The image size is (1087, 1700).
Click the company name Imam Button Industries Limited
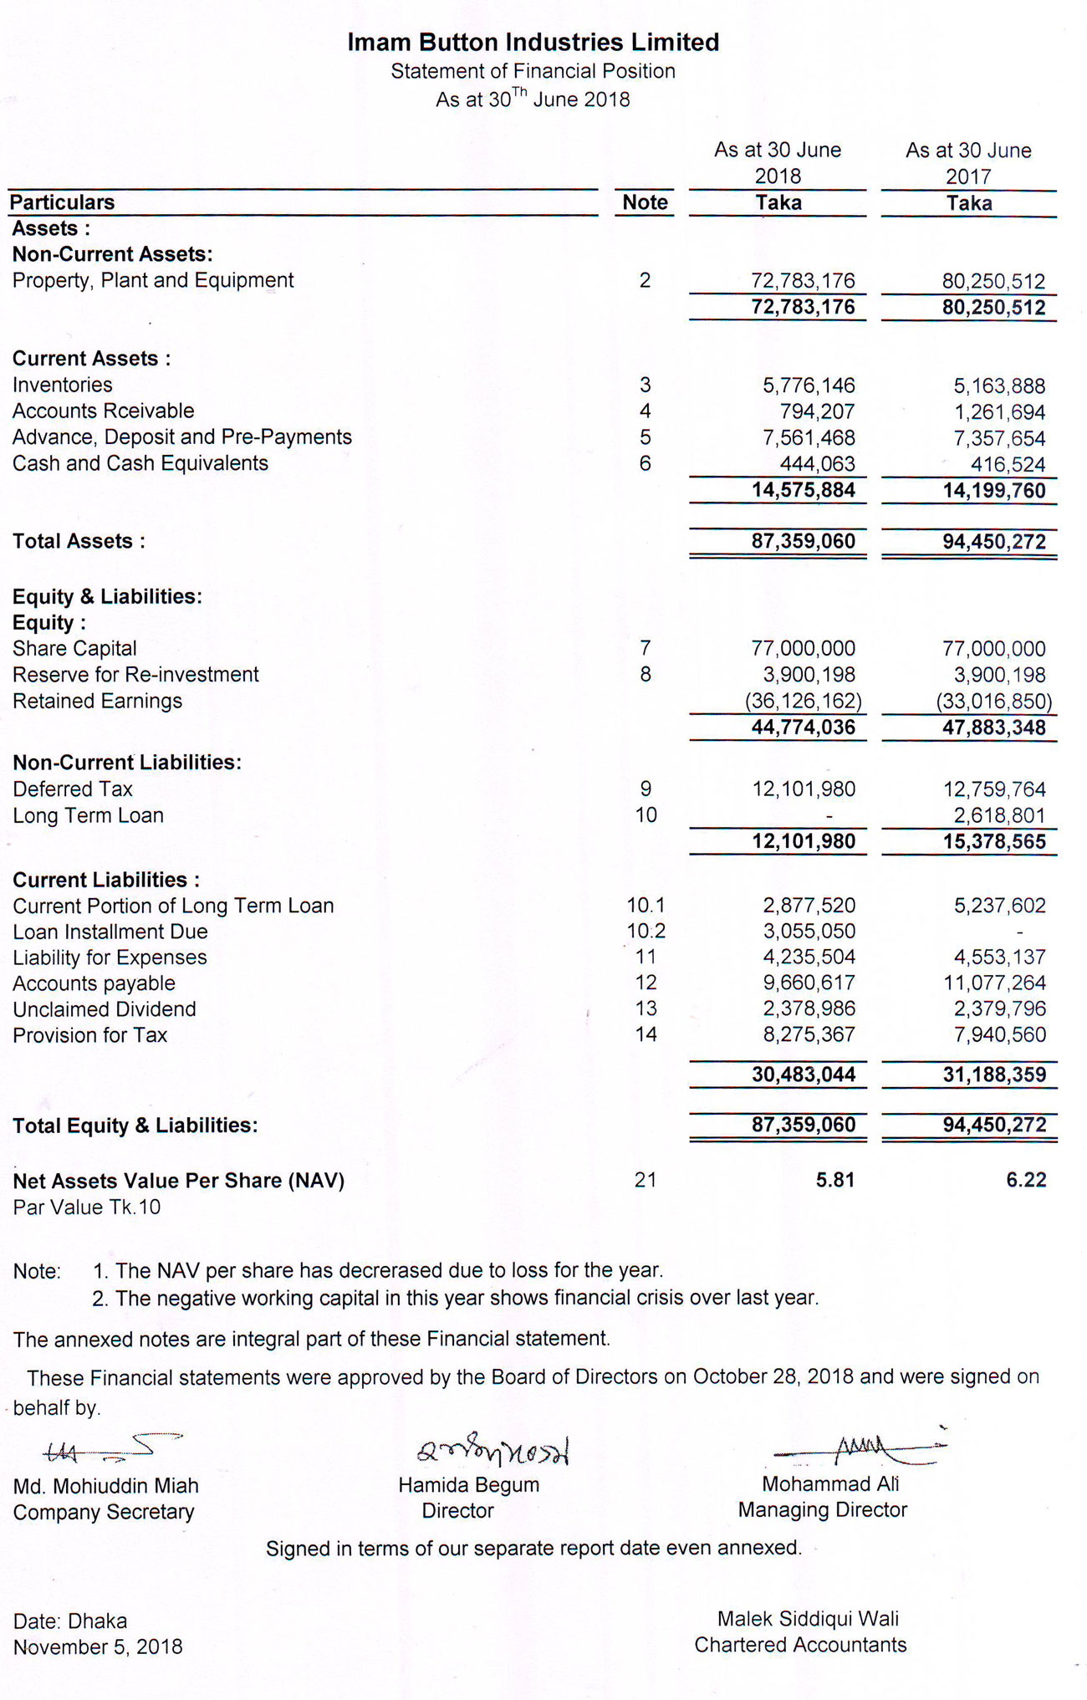[x=533, y=42]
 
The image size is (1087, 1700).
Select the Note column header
[x=645, y=202]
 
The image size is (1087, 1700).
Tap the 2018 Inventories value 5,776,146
[x=808, y=385]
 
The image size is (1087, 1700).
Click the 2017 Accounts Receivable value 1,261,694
[x=999, y=412]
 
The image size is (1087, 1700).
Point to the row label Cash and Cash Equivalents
[x=140, y=463]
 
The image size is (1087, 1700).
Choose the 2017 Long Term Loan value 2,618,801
[x=999, y=815]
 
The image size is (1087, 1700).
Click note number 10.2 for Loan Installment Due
[x=646, y=932]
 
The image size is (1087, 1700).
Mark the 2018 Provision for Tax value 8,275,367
[x=808, y=1034]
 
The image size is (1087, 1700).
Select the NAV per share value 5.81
[x=834, y=1180]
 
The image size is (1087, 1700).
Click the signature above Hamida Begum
[x=493, y=1452]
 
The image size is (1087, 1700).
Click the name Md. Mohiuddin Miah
[x=105, y=1486]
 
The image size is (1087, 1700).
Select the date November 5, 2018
[x=98, y=1646]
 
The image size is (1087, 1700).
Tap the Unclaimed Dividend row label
[x=105, y=1009]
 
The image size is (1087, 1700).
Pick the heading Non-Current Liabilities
[x=127, y=763]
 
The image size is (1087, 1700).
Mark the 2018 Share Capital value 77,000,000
[x=803, y=649]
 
